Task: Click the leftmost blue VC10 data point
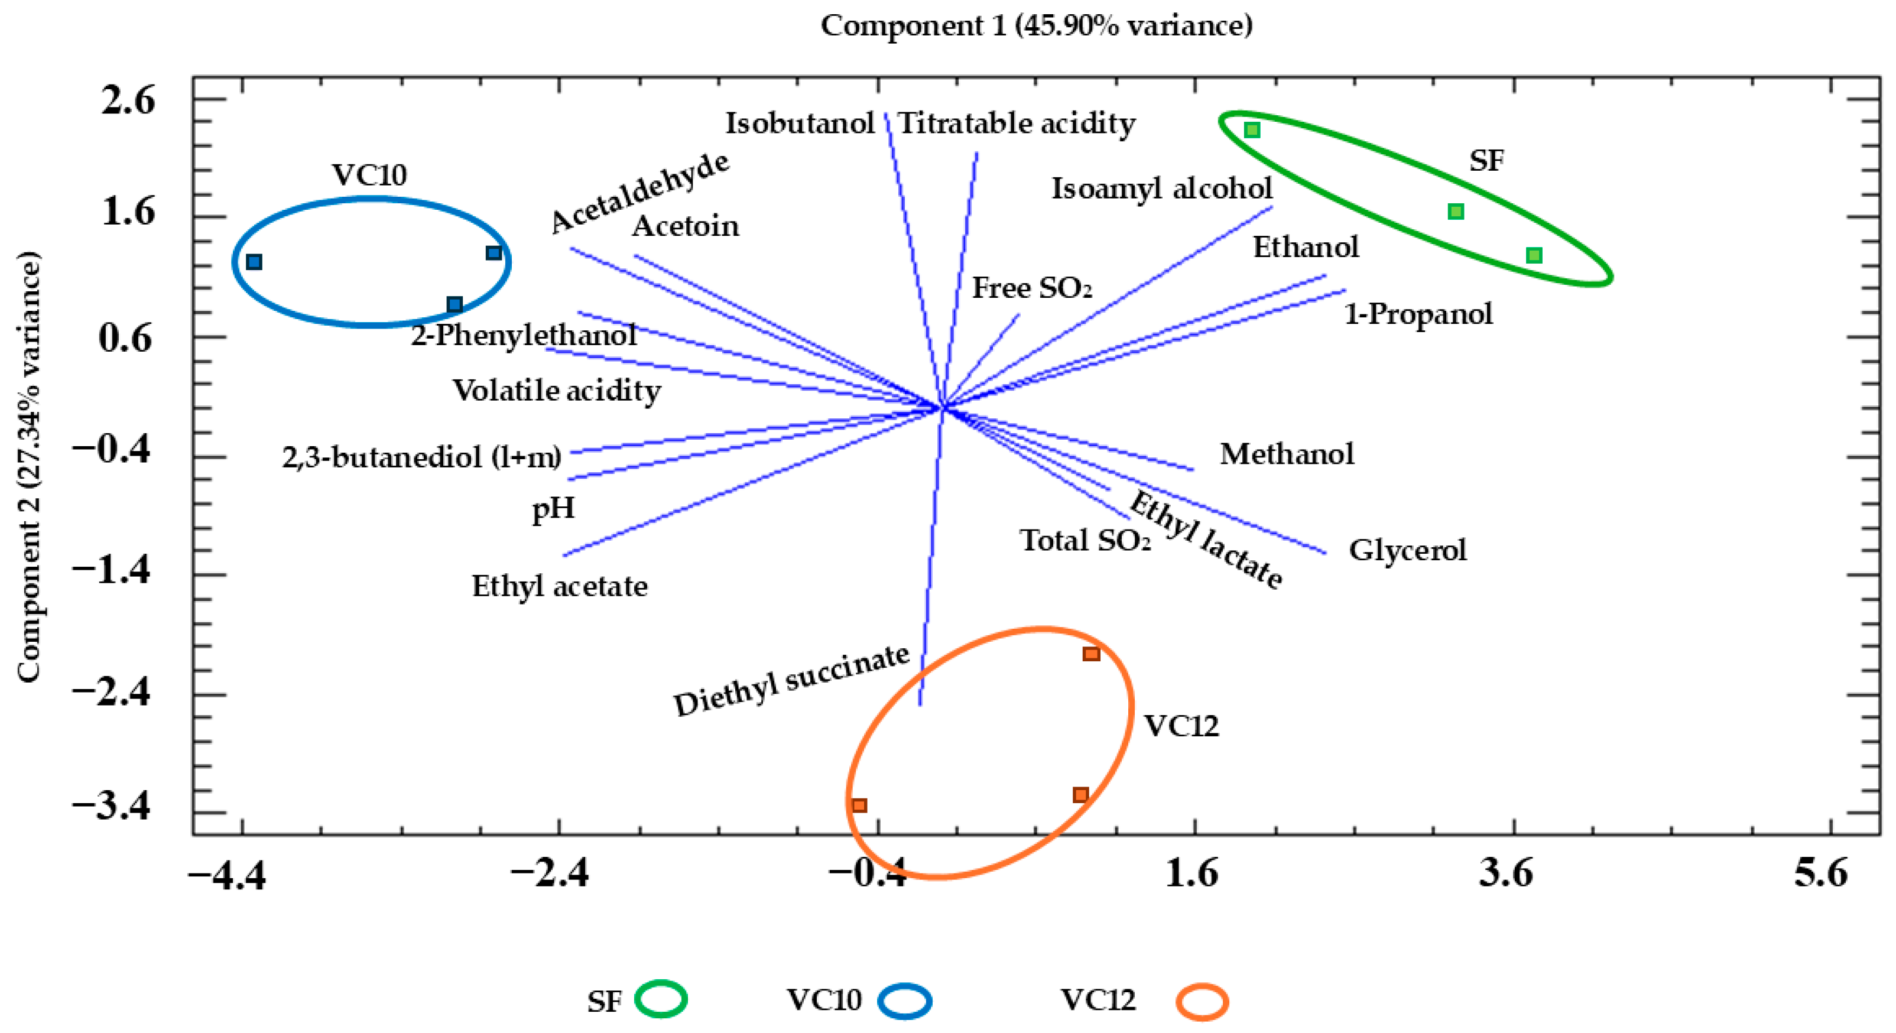point(254,262)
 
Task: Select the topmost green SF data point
point(1252,130)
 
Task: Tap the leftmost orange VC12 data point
point(859,805)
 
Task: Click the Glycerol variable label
point(1407,550)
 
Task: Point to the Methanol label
point(1287,454)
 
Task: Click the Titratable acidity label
point(1017,124)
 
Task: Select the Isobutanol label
point(800,124)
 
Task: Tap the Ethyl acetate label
point(559,586)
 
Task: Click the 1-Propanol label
point(1418,314)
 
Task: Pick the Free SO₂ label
point(1032,288)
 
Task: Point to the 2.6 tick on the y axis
point(128,99)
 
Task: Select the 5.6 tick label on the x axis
point(1821,873)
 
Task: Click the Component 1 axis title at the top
point(1036,26)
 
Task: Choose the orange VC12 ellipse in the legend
point(1202,1002)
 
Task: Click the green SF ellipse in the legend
point(661,999)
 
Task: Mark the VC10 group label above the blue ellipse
point(369,175)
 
